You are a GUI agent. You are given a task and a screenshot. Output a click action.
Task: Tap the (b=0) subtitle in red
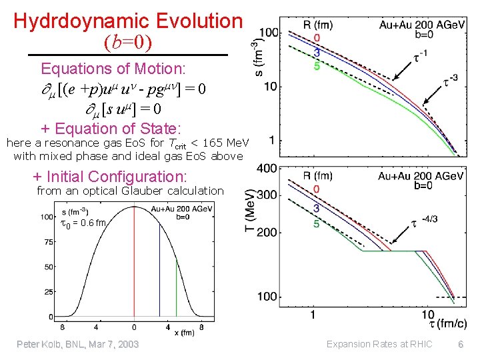[x=128, y=43]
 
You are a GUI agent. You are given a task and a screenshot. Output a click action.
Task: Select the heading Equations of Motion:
[x=113, y=69]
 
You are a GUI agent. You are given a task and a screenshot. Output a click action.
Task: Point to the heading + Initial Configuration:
[x=110, y=176]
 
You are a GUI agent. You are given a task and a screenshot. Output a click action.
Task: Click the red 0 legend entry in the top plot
[x=317, y=37]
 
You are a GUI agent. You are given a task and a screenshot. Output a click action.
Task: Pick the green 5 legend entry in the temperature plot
[x=317, y=223]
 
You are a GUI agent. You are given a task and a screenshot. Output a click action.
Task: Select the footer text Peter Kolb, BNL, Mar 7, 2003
[x=77, y=344]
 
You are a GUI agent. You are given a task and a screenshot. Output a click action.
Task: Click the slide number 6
[x=460, y=344]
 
